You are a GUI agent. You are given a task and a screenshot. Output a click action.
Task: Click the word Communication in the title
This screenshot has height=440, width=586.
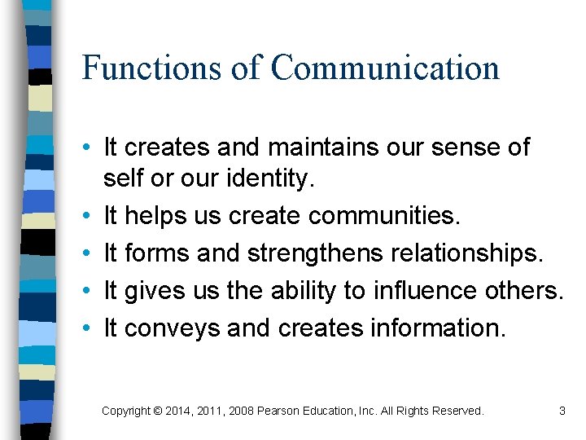385,67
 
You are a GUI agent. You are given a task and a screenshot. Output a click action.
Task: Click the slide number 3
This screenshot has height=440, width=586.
562,411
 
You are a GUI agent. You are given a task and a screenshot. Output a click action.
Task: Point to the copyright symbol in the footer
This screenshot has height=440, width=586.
157,411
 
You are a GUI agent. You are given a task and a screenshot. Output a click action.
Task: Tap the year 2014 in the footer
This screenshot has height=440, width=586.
179,411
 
